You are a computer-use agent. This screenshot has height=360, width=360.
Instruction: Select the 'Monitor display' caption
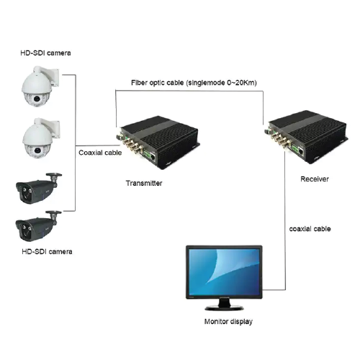point(228,321)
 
